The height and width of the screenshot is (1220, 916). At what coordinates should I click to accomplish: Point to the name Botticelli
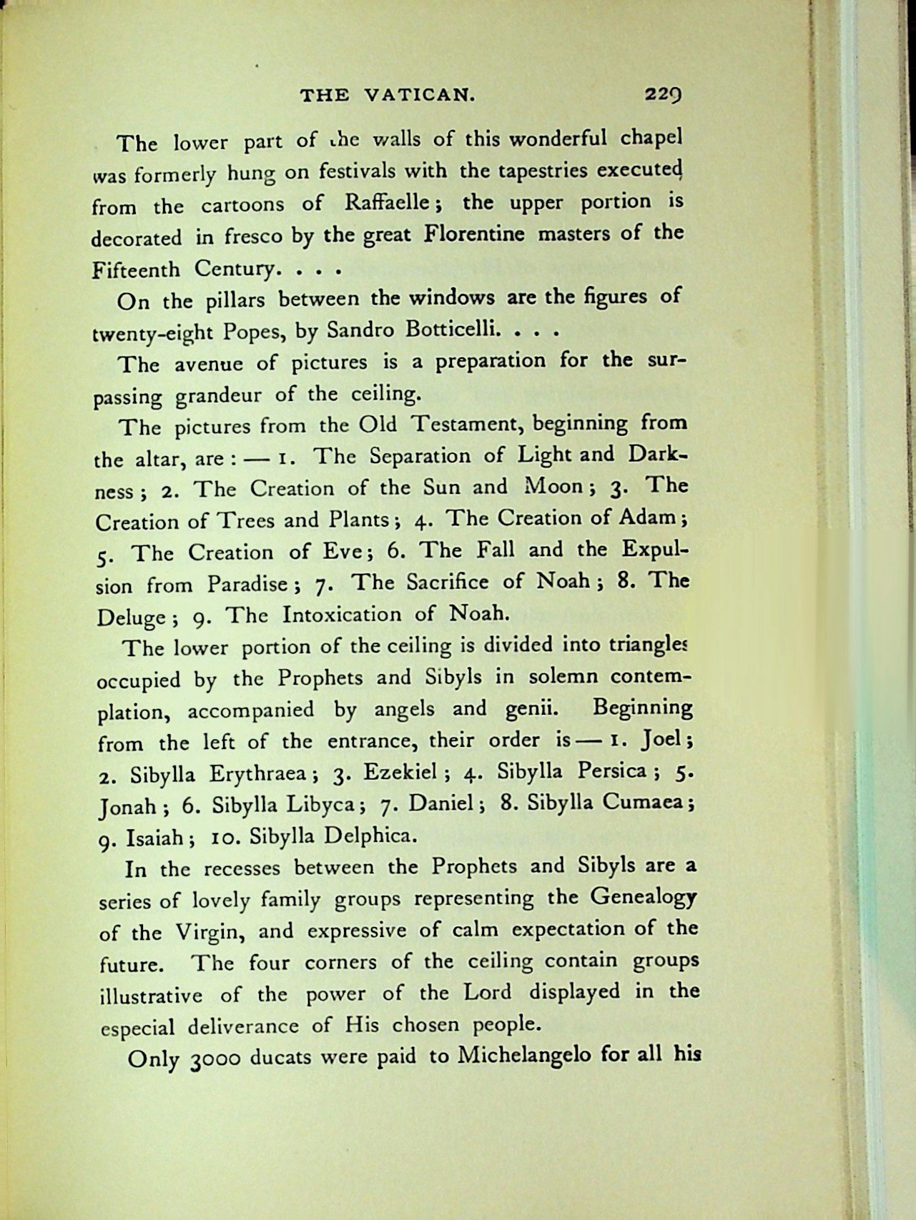[446, 330]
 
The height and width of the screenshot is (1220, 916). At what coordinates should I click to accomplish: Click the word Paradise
[247, 585]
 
